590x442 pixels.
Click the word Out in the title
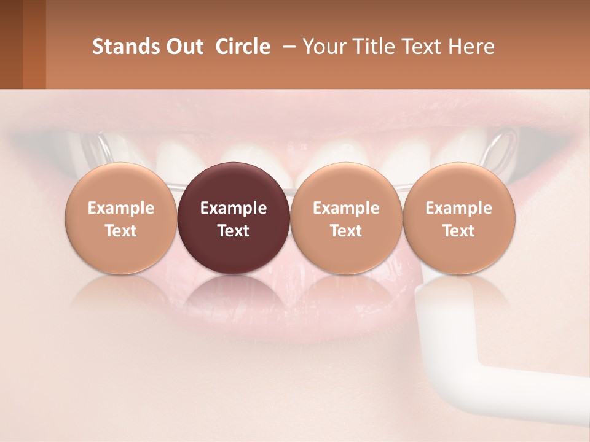[183, 47]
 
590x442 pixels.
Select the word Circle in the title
[242, 47]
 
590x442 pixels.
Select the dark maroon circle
[234, 218]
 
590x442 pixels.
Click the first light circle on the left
[121, 218]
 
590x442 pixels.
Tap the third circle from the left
[346, 218]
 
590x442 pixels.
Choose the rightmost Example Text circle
[458, 218]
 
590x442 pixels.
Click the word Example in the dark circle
[234, 208]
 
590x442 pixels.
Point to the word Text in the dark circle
[234, 231]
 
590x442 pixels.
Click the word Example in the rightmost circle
[458, 208]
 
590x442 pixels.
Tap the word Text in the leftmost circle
[121, 231]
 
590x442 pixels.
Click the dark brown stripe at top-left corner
[11, 44]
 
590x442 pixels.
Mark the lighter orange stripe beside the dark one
[34, 44]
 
